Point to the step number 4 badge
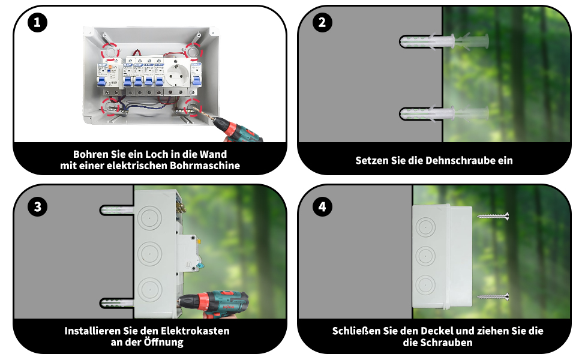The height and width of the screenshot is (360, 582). click(x=322, y=207)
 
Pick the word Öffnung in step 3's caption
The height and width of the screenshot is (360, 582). click(x=163, y=343)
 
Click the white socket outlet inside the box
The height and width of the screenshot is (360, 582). click(x=178, y=77)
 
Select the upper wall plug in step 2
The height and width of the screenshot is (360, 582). click(x=444, y=41)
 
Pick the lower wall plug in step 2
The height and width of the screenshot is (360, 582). click(x=444, y=113)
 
